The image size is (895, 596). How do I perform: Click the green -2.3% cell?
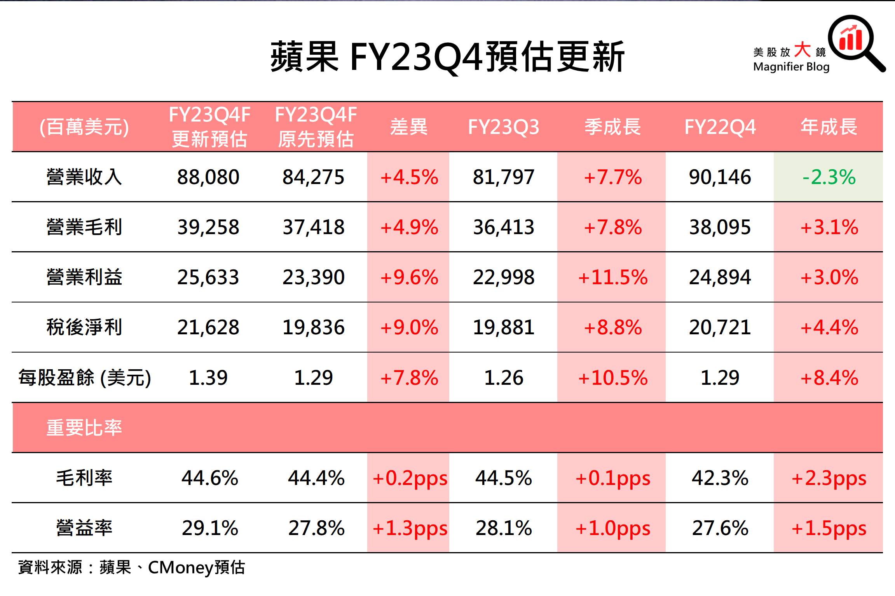(829, 177)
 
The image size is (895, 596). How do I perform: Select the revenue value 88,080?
(208, 177)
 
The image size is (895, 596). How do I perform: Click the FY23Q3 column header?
(503, 127)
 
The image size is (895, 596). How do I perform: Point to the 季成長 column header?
(612, 127)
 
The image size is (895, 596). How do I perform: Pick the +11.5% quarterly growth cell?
(612, 277)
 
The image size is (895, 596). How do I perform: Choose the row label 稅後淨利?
(84, 327)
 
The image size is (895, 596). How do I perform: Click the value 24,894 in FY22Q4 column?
(720, 277)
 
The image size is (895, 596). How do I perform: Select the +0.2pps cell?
(410, 478)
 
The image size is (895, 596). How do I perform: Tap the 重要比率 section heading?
(84, 428)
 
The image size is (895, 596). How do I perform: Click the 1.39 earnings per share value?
(208, 377)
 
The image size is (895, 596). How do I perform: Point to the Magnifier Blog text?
(791, 67)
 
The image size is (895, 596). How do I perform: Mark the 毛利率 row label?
(84, 478)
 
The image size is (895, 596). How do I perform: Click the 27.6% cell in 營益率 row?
(720, 528)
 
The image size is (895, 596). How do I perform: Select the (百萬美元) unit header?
(84, 127)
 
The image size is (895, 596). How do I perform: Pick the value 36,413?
(503, 227)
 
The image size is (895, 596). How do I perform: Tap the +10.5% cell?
(612, 377)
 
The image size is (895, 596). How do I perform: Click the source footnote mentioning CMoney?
(131, 568)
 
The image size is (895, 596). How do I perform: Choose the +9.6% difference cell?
(409, 277)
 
